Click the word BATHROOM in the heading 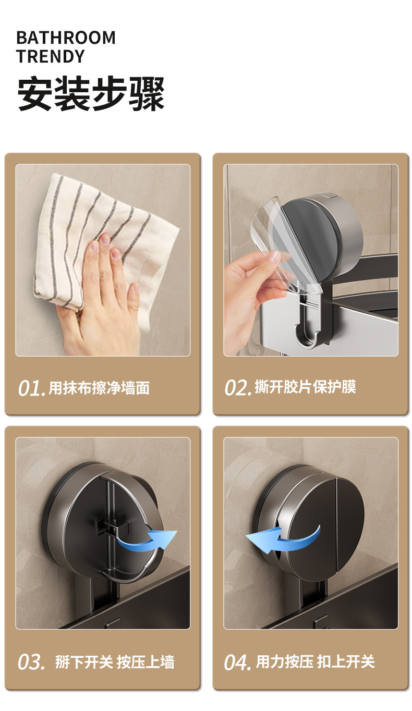click(x=66, y=38)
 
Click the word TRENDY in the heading click(x=51, y=56)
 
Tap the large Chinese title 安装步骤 click(x=91, y=94)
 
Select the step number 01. click(x=31, y=388)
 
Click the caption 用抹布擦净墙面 click(x=99, y=388)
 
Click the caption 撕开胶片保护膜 click(x=305, y=387)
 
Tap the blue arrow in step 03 click(x=147, y=538)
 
